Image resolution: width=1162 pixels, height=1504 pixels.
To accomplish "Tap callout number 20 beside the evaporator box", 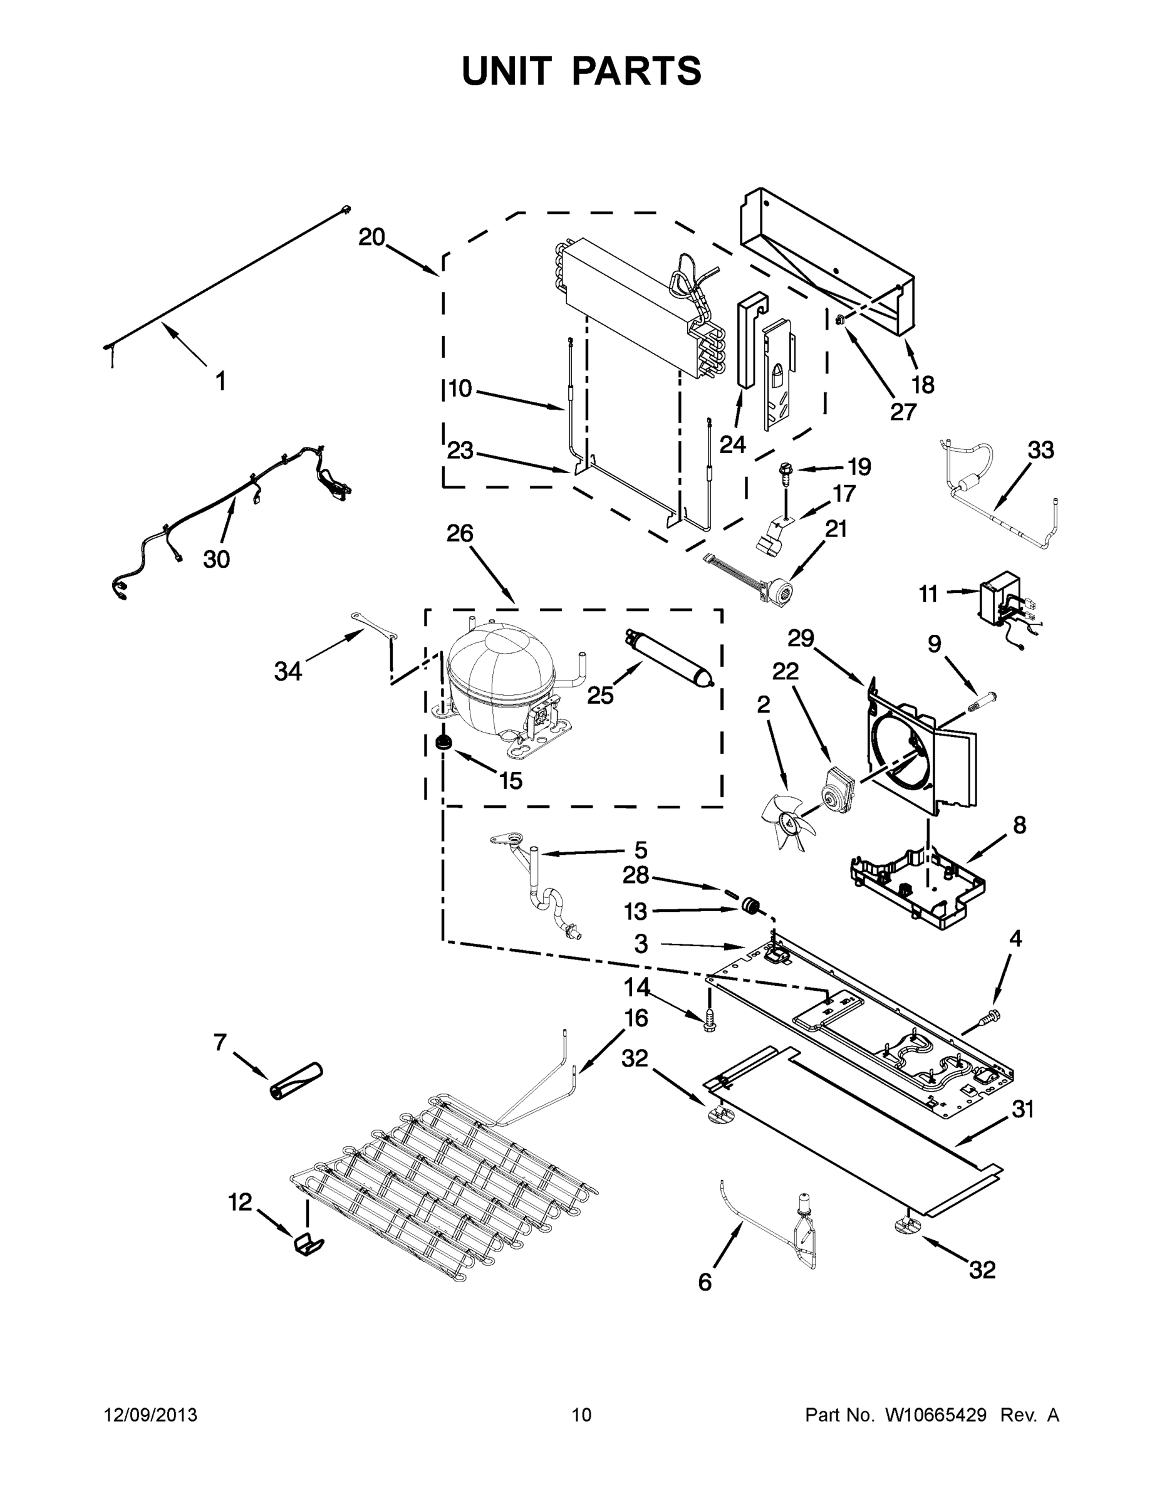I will pyautogui.click(x=371, y=238).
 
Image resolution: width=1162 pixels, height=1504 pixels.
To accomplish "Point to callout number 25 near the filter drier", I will pyautogui.click(x=599, y=696).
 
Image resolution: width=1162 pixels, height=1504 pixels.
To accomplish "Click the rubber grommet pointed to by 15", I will pyautogui.click(x=444, y=743).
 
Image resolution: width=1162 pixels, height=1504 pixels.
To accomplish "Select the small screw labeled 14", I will pyautogui.click(x=708, y=1025).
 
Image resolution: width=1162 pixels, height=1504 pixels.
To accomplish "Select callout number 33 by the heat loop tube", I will pyautogui.click(x=1040, y=451).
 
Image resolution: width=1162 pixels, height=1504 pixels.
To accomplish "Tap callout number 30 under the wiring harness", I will pyautogui.click(x=216, y=559).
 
